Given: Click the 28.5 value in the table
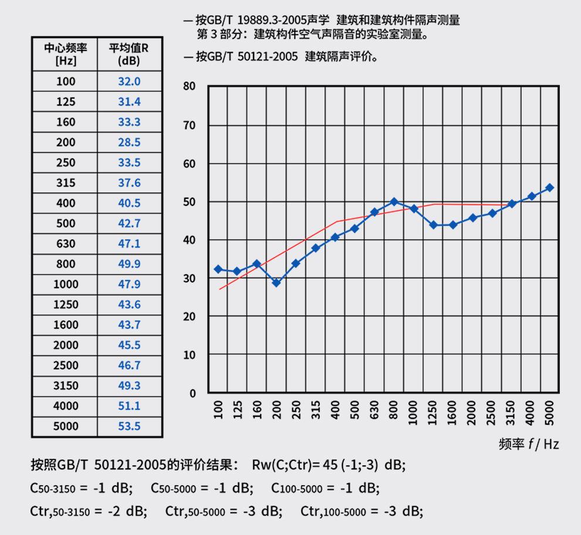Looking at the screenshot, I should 129,142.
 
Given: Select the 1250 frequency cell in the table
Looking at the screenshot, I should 66,304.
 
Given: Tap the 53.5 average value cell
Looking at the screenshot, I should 129,426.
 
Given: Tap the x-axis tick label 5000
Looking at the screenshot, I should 549,410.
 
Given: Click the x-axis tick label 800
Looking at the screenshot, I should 394,410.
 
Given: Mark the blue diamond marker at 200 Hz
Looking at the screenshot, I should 276,283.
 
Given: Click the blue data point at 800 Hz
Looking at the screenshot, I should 394,202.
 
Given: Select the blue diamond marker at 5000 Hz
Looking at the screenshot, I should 549,188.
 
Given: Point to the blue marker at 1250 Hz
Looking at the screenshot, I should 433,225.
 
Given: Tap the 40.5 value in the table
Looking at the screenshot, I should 129,203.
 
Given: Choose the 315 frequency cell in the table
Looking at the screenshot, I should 66,182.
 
